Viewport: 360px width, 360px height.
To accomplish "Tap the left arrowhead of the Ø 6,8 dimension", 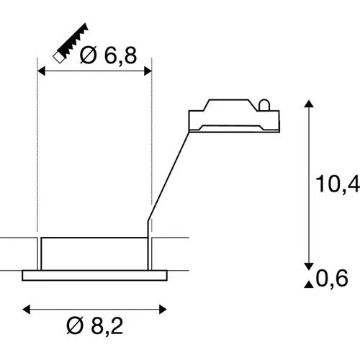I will [41, 71].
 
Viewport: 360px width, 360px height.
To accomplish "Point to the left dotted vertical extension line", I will [37, 158].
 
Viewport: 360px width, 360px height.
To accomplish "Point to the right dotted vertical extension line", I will [152, 144].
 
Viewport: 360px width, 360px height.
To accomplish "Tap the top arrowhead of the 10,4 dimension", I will [309, 106].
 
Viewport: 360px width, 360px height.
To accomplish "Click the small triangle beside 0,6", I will [309, 285].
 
